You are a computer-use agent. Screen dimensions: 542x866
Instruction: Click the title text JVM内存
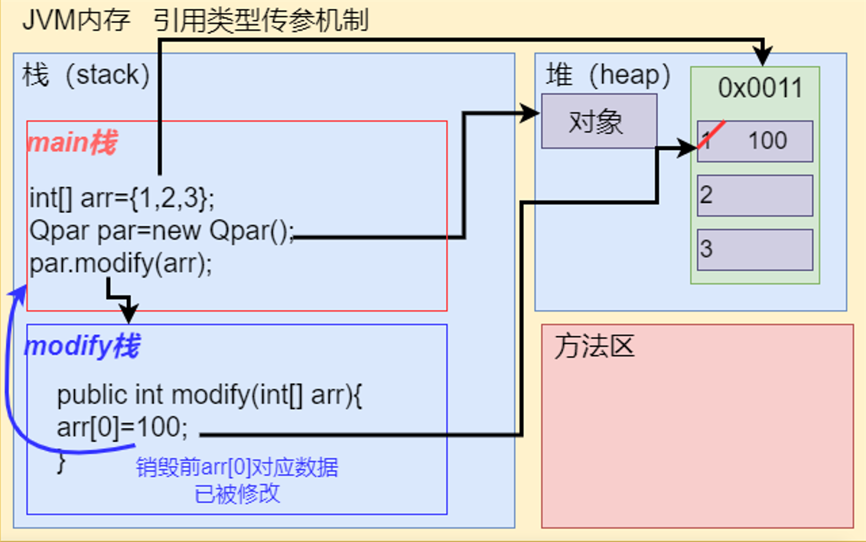point(77,20)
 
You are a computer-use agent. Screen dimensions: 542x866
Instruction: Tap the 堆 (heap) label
point(608,75)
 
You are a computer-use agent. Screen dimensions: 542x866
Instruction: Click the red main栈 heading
point(71,143)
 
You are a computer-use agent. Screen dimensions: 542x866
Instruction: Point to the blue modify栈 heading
point(82,347)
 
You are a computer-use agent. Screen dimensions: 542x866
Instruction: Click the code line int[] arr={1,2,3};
point(122,198)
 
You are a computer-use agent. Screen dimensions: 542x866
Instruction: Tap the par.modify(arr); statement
point(121,263)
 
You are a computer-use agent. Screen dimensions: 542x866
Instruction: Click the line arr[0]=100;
point(122,426)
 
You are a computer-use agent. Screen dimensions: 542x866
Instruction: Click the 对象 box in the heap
point(598,121)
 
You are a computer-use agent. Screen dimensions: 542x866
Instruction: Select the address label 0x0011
point(760,88)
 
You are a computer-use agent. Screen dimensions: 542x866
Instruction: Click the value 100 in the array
point(767,141)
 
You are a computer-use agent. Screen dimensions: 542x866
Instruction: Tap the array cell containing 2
point(754,195)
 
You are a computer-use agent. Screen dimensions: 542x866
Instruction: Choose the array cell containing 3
point(754,250)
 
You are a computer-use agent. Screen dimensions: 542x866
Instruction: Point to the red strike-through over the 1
point(711,135)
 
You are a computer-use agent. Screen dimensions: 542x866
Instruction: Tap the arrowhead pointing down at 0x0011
point(762,57)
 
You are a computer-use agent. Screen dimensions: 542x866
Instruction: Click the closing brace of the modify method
point(62,462)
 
